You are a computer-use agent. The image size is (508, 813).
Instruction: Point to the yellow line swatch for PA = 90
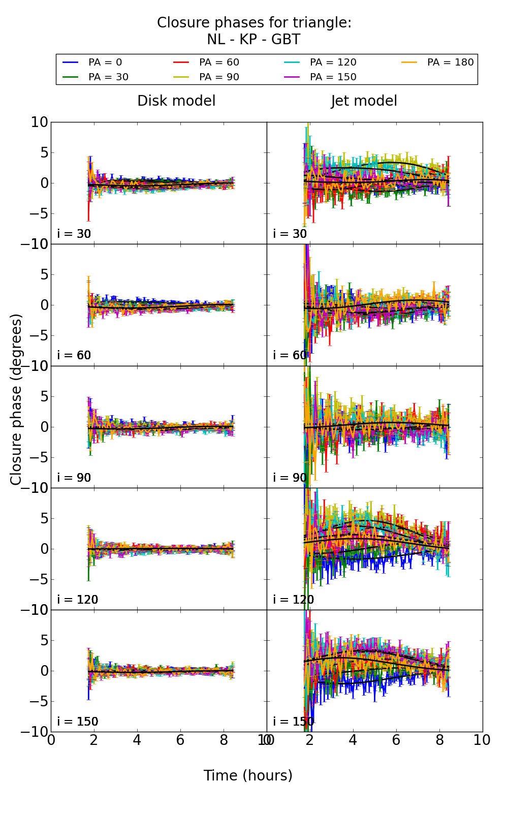pos(181,77)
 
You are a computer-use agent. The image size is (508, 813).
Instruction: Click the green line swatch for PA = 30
pos(71,77)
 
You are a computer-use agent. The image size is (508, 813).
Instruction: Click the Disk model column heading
pos(176,101)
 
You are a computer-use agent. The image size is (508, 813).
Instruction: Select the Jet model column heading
pos(364,101)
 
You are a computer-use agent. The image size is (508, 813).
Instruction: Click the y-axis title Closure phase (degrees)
pos(16,399)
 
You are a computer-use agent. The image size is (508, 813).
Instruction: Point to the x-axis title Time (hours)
pos(248,775)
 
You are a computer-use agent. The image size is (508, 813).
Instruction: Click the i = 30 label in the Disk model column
pos(74,234)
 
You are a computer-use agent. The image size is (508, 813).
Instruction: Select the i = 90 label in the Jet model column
pos(290,478)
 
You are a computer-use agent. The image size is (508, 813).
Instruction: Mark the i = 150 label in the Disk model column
pos(78,722)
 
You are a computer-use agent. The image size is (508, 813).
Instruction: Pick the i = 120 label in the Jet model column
pos(294,600)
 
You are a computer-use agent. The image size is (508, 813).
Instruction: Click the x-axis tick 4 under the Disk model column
pos(137,740)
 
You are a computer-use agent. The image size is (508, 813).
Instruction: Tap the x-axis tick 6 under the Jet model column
pos(396,740)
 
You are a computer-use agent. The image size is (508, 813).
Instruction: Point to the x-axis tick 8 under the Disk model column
pos(224,740)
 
